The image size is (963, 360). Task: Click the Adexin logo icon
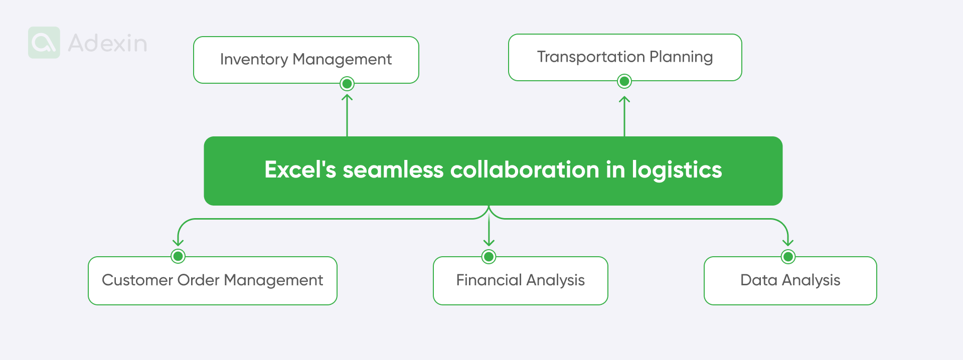click(x=44, y=43)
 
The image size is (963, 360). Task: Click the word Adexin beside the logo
click(x=107, y=43)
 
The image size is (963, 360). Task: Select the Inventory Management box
click(x=306, y=59)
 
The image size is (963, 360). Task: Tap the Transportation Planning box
click(x=625, y=57)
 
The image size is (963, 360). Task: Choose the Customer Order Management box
click(x=212, y=280)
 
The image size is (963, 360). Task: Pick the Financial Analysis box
click(x=520, y=280)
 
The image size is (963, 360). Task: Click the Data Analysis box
click(x=790, y=280)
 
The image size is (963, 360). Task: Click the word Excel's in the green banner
click(x=300, y=169)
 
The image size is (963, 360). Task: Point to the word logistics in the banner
click(x=677, y=170)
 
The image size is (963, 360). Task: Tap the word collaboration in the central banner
click(x=525, y=169)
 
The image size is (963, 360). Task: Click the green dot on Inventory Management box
click(x=347, y=84)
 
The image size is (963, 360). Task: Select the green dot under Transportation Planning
click(x=624, y=81)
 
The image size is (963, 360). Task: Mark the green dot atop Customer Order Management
click(x=178, y=256)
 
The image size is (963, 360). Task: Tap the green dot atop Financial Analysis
click(x=489, y=257)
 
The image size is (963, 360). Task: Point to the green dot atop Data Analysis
click(x=788, y=257)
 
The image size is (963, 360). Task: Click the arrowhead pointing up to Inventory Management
click(x=347, y=97)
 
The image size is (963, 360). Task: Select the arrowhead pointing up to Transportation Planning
click(x=624, y=99)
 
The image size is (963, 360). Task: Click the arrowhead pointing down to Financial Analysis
click(x=489, y=243)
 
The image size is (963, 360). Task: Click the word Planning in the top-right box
click(x=681, y=57)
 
